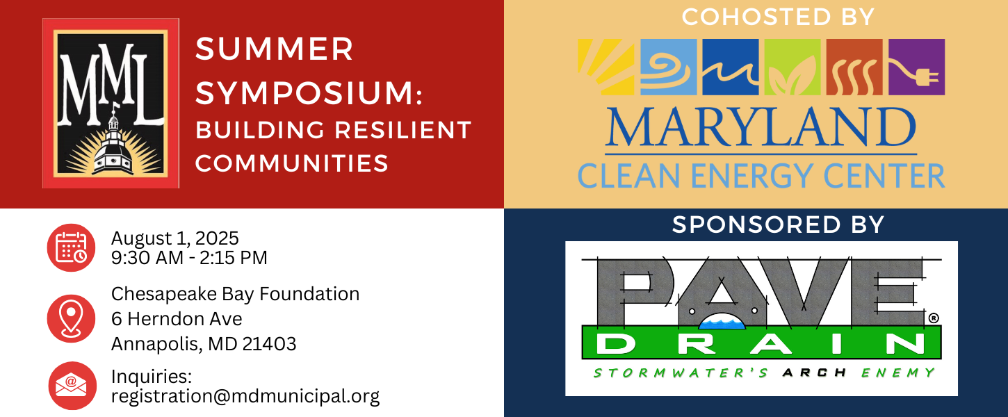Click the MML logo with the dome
111,103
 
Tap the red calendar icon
71,248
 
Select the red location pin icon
71,318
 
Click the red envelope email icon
72,386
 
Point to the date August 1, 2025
174,238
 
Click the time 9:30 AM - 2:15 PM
189,259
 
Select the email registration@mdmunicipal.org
245,397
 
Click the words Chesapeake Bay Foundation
236,294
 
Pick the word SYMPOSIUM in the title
304,94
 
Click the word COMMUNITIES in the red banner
291,163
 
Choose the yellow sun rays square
606,67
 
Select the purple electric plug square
917,67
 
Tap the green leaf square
792,67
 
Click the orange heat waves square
854,67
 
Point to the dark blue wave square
731,67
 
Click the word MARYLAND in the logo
761,127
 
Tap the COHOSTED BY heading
778,17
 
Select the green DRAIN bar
761,343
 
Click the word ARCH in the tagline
815,373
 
